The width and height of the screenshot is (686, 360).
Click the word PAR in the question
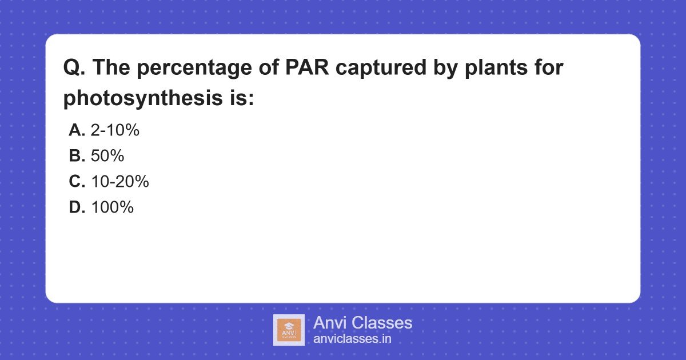click(308, 68)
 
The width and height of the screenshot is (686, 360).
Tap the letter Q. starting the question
click(74, 68)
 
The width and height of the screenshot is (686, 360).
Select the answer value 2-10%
click(115, 130)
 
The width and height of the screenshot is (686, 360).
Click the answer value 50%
click(107, 156)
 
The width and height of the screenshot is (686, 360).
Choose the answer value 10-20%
click(119, 182)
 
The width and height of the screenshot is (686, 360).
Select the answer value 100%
click(112, 207)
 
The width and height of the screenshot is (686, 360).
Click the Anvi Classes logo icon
click(289, 330)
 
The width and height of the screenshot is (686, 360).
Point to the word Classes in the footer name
click(383, 323)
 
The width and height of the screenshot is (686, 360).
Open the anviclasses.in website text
click(352, 338)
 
